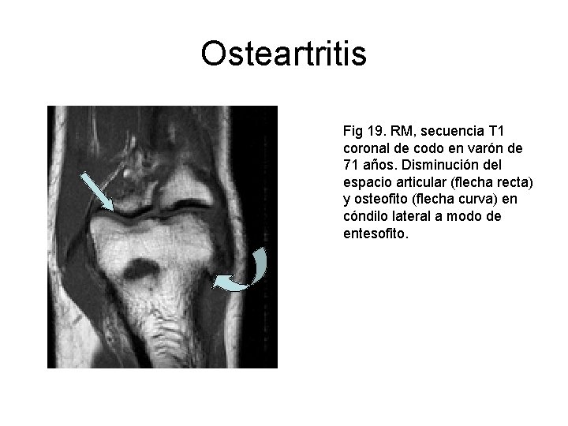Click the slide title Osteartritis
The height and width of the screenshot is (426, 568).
click(x=283, y=54)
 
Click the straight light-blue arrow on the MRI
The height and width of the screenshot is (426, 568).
click(x=99, y=189)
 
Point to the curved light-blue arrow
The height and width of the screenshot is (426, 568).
click(x=248, y=274)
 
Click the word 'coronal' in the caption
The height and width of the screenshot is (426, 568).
click(x=366, y=148)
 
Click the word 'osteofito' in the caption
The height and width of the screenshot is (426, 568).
click(x=380, y=200)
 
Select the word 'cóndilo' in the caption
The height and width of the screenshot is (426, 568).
click(x=366, y=217)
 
